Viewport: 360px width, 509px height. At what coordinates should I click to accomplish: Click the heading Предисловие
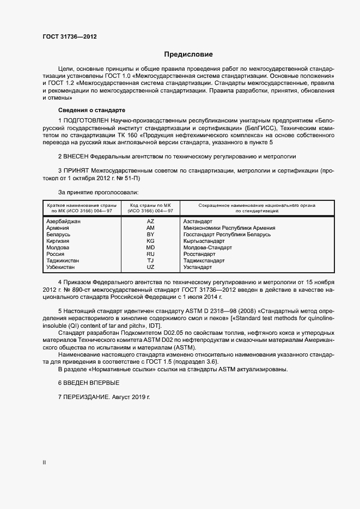coord(188,54)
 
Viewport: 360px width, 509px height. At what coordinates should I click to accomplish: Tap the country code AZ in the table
coord(151,222)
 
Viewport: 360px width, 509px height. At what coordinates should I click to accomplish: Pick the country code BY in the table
coord(151,234)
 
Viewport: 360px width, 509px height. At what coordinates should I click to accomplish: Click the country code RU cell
coord(151,254)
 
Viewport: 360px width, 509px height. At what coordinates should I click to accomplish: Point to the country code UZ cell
coord(151,267)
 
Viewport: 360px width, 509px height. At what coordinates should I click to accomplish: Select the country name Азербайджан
coord(64,222)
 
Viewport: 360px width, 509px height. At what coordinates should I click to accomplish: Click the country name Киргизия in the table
coord(60,241)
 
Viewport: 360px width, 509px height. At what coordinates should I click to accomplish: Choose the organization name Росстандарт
coord(201,254)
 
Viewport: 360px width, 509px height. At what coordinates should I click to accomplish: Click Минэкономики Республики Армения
coord(229,228)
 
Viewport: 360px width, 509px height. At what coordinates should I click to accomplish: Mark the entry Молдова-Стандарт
coord(208,247)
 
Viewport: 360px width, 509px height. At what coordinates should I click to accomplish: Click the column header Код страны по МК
coord(151,207)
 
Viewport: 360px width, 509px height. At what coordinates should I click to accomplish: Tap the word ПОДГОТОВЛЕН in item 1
coord(86,119)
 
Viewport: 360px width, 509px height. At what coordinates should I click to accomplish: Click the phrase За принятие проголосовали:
coord(98,192)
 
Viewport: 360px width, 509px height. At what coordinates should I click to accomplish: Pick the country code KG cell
coord(151,241)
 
